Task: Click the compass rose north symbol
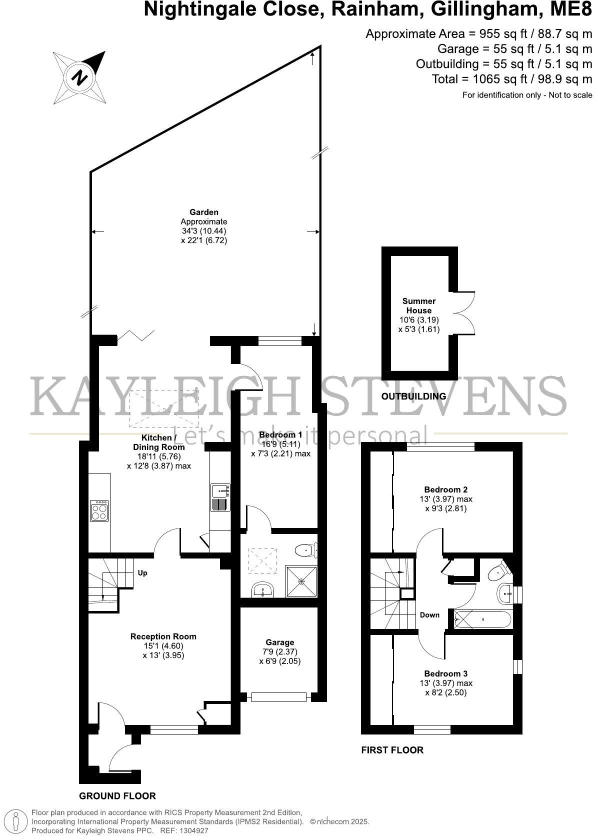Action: click(x=79, y=77)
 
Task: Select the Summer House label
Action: click(x=418, y=305)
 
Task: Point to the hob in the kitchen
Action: click(x=99, y=511)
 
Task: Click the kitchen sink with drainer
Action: click(x=219, y=497)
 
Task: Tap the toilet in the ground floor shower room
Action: click(x=305, y=550)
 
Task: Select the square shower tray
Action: click(x=301, y=581)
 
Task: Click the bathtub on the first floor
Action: click(x=482, y=620)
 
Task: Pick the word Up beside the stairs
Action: click(x=142, y=573)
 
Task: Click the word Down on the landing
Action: click(x=429, y=615)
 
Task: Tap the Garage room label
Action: click(x=280, y=642)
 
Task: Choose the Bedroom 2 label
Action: click(x=445, y=489)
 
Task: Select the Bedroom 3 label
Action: click(x=445, y=673)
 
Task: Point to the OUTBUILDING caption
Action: click(x=413, y=396)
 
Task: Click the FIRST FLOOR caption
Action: click(x=392, y=750)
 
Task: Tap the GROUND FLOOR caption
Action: click(x=117, y=796)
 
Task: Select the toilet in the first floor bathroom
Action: click(x=498, y=572)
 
